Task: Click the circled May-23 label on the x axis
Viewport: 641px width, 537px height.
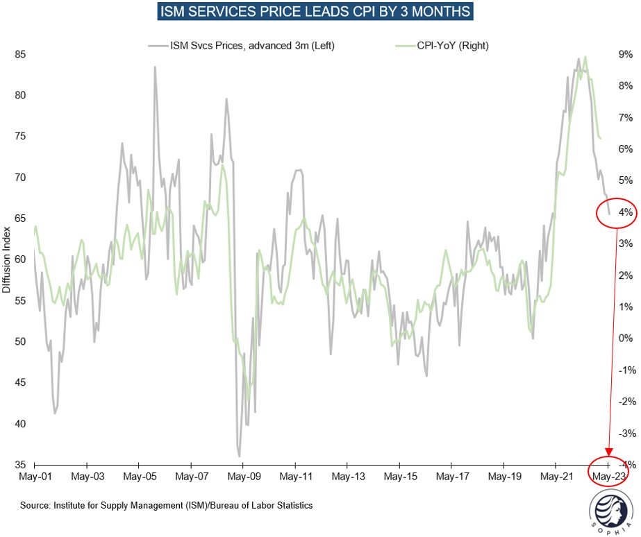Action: coord(611,477)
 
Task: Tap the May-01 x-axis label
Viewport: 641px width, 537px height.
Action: coord(34,477)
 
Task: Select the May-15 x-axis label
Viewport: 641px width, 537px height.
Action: coord(400,477)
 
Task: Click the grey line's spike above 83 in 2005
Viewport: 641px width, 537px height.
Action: coord(155,67)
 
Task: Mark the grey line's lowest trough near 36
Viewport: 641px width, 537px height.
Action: coord(240,456)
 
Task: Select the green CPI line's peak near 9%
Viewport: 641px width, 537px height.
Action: coord(586,57)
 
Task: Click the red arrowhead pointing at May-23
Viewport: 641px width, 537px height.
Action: coord(609,454)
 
